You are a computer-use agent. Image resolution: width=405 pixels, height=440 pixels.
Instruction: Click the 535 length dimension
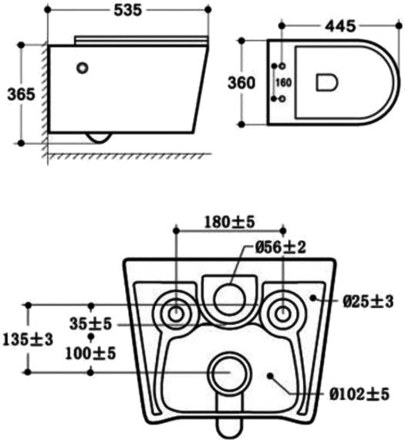pyautogui.click(x=128, y=10)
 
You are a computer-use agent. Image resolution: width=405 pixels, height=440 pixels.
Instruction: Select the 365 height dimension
pyautogui.click(x=22, y=94)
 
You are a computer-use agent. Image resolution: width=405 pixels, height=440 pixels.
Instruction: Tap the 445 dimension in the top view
pyautogui.click(x=340, y=26)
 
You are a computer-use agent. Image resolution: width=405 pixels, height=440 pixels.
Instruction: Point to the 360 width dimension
pyautogui.click(x=241, y=83)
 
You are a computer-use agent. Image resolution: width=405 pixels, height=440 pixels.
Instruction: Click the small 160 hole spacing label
pyautogui.click(x=284, y=83)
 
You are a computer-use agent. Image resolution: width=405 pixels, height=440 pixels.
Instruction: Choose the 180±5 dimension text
pyautogui.click(x=229, y=222)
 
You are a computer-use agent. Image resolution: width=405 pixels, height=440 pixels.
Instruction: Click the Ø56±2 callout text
pyautogui.click(x=281, y=248)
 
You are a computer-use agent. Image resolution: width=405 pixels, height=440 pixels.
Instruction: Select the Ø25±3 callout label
pyautogui.click(x=368, y=302)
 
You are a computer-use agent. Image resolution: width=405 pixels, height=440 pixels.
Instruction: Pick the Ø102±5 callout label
pyautogui.click(x=359, y=394)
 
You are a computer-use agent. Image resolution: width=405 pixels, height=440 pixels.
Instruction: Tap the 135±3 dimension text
pyautogui.click(x=28, y=340)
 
